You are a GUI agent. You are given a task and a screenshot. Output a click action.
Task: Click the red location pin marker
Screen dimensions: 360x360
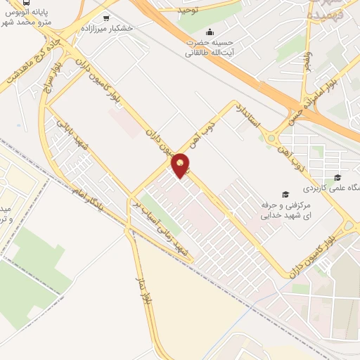[x=181, y=166]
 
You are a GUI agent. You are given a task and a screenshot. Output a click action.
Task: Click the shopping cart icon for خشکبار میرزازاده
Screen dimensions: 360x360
[x=106, y=18]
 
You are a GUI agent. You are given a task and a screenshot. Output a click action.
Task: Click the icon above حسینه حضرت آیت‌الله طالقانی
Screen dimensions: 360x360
[x=210, y=32]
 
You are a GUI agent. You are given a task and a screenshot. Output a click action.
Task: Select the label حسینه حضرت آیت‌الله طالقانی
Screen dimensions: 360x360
[x=210, y=46]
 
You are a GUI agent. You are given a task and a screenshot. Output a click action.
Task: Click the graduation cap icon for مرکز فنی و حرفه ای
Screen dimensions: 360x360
[x=285, y=194]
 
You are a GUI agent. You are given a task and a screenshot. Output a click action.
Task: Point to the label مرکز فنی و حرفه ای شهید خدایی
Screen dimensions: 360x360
[x=281, y=210]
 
